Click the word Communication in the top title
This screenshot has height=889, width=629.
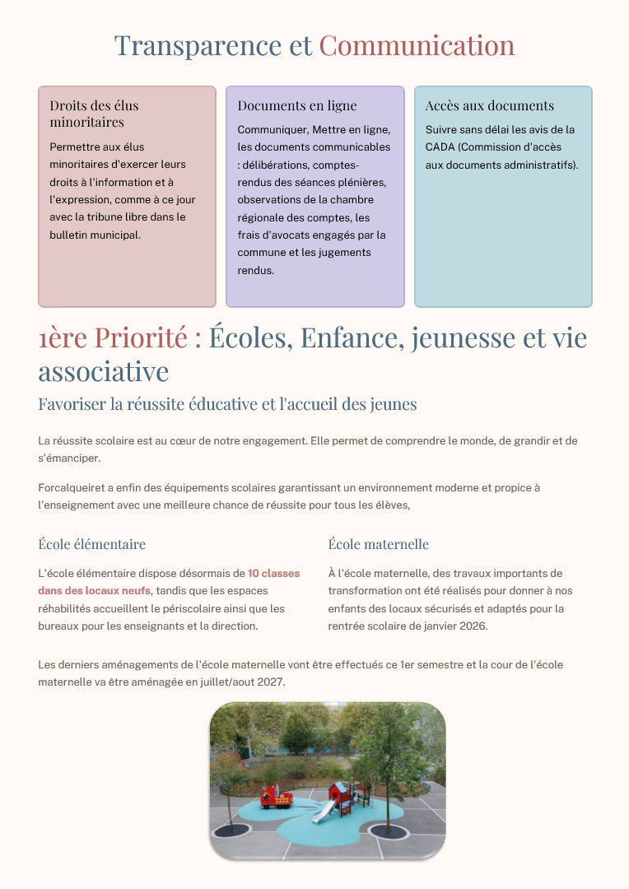click(417, 46)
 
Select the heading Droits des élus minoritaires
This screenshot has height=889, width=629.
click(94, 114)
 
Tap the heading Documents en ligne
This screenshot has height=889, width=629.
click(297, 105)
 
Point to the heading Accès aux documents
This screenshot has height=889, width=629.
click(489, 105)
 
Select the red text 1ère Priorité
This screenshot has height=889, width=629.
click(119, 337)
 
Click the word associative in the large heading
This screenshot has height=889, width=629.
click(103, 371)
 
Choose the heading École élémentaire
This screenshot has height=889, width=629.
click(91, 544)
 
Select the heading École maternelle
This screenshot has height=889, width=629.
click(378, 544)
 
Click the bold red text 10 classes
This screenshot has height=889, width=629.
click(273, 573)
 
